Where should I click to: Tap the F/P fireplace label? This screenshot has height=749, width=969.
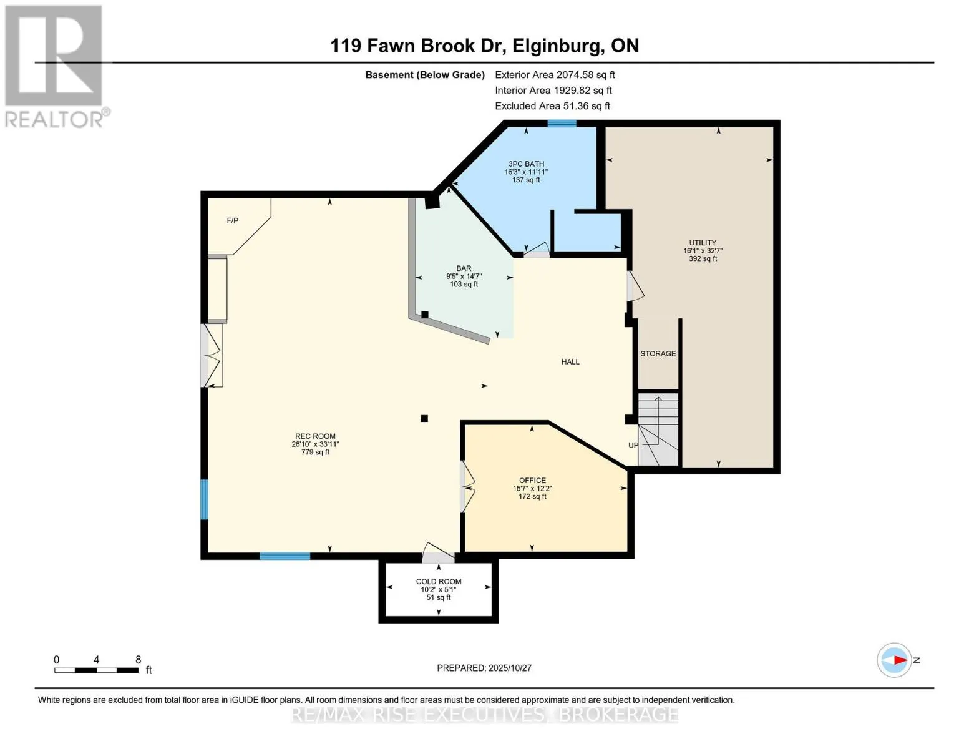tap(232, 221)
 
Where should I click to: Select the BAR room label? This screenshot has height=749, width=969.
tap(464, 268)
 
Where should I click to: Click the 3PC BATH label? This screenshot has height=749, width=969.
tap(526, 164)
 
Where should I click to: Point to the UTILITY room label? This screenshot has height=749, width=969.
tap(703, 243)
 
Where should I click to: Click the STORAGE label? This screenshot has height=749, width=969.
tap(658, 354)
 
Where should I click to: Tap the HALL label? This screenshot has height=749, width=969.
tap(570, 362)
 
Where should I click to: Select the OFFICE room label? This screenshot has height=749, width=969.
tap(532, 481)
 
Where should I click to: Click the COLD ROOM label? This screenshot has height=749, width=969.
tap(439, 582)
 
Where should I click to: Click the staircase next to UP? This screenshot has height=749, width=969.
tap(658, 428)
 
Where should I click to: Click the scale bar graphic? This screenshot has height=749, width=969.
tap(96, 670)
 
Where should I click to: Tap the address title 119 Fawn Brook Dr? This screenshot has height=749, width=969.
tap(484, 46)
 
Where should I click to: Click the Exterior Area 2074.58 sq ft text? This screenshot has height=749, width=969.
tap(555, 75)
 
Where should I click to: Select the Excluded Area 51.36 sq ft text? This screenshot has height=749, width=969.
tap(552, 106)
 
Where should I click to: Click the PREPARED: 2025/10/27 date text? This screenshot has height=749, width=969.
tap(484, 668)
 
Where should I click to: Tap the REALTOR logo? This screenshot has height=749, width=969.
tap(54, 66)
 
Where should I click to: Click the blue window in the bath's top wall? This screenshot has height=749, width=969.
tap(562, 124)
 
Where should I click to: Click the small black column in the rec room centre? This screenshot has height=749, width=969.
tap(424, 418)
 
